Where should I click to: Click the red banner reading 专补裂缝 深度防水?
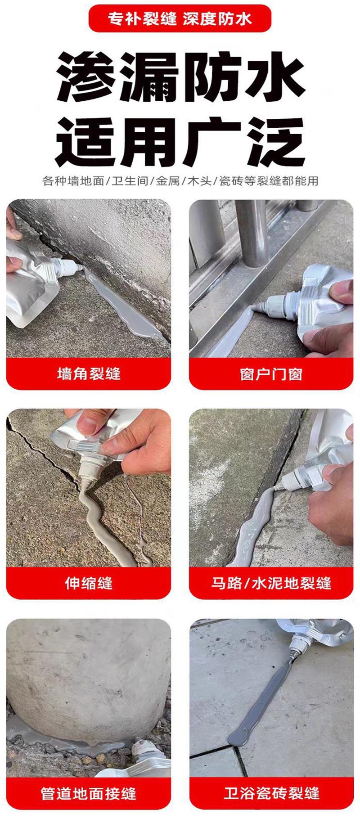180,18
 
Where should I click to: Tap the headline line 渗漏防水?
180,76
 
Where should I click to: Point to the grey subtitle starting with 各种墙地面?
180,181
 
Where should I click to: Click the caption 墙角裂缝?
89,373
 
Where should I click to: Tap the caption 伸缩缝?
89,583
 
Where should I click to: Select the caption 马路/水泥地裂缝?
271,583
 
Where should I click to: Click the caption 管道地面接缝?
89,793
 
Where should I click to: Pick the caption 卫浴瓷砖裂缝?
271,793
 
